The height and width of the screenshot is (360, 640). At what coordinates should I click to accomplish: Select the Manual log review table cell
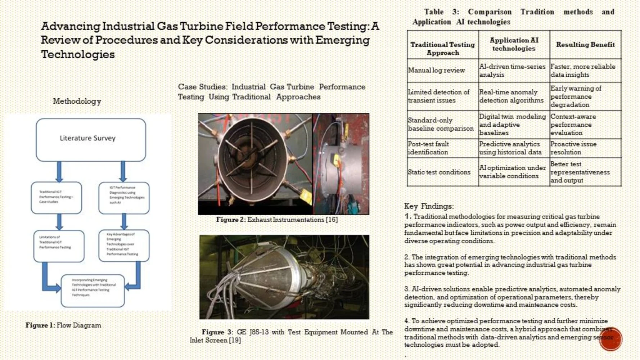442,71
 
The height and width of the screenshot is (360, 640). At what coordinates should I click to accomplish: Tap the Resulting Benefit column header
585,45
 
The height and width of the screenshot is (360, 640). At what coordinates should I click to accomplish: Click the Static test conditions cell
442,172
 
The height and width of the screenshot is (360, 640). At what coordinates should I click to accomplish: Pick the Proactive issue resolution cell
585,148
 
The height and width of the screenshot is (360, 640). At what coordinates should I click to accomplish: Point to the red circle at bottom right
610,339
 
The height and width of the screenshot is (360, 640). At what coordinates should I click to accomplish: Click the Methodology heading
77,101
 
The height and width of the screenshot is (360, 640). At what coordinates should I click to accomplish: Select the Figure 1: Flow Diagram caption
63,325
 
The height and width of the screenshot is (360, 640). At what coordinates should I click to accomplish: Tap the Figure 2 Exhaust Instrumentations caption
277,220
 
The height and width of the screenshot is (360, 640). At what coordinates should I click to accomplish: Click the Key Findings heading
428,206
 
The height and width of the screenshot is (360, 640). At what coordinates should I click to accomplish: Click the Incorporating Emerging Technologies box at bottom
93,291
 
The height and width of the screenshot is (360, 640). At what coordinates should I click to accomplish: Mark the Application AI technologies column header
514,44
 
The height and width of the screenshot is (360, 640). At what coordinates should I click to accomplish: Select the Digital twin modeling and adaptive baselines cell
514,125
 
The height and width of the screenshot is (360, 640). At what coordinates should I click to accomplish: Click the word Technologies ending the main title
78,54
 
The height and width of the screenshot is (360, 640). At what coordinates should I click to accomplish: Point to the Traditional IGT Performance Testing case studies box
56,197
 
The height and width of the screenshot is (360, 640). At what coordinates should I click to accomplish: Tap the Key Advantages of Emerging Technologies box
123,245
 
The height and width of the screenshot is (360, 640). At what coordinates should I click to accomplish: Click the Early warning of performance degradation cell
585,96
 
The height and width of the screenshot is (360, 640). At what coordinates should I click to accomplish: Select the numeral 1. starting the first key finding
407,216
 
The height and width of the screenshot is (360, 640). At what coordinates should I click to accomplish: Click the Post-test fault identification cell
442,148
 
